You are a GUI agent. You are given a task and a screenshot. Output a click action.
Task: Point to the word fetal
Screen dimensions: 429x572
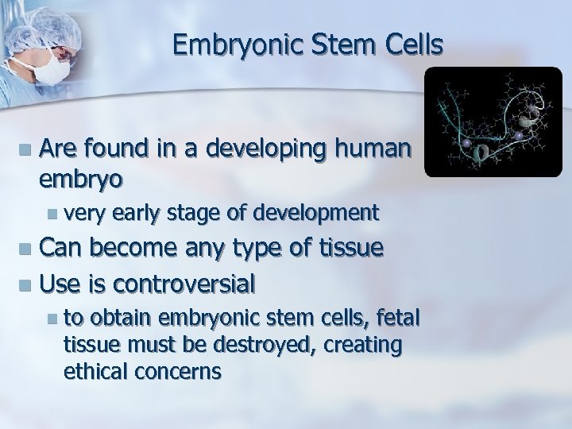click(399, 319)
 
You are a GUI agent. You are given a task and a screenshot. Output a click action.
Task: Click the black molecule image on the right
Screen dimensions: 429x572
click(493, 122)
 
